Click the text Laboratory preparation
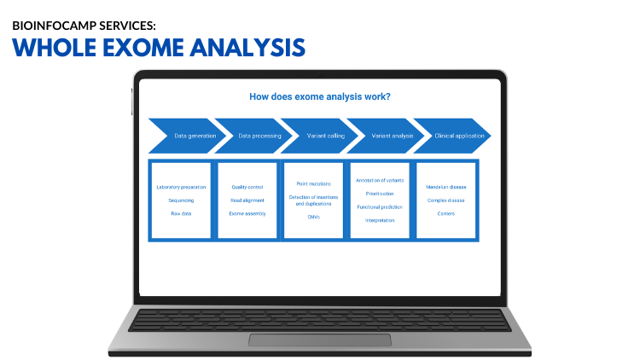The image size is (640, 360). pyautogui.click(x=181, y=187)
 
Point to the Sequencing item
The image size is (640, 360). pyautogui.click(x=181, y=200)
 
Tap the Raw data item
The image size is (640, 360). pyautogui.click(x=181, y=213)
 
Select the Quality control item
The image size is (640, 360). pyautogui.click(x=247, y=187)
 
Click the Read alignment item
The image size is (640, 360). pyautogui.click(x=247, y=200)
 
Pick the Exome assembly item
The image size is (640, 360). pyautogui.click(x=247, y=213)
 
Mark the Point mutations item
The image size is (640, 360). pyautogui.click(x=313, y=183)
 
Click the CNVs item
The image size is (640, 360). pyautogui.click(x=313, y=217)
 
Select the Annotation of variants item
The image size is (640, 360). pyautogui.click(x=379, y=180)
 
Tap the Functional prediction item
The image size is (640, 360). pyautogui.click(x=379, y=206)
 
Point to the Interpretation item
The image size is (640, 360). pyautogui.click(x=379, y=220)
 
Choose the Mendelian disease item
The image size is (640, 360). pyautogui.click(x=446, y=187)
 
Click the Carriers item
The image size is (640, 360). pyautogui.click(x=446, y=213)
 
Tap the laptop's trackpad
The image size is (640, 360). pyautogui.click(x=320, y=340)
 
